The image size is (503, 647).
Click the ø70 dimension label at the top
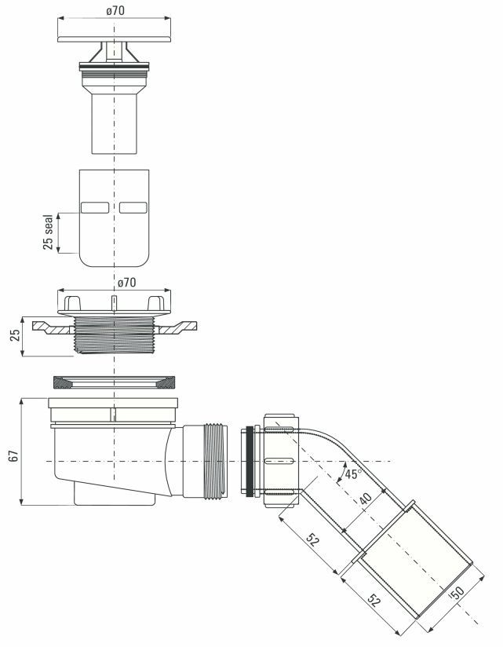tap(115, 10)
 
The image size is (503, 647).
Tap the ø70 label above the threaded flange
tap(126, 283)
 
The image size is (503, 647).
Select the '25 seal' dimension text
tap(48, 232)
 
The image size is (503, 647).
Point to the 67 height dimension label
tap(13, 456)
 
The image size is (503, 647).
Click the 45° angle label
tap(353, 473)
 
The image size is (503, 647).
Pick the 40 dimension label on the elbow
tap(366, 499)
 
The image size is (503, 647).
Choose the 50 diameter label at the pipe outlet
tap(457, 594)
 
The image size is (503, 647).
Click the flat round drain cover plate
tap(114, 39)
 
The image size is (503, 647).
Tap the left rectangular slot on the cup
tap(95, 207)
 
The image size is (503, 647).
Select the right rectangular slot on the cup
tap(133, 207)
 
